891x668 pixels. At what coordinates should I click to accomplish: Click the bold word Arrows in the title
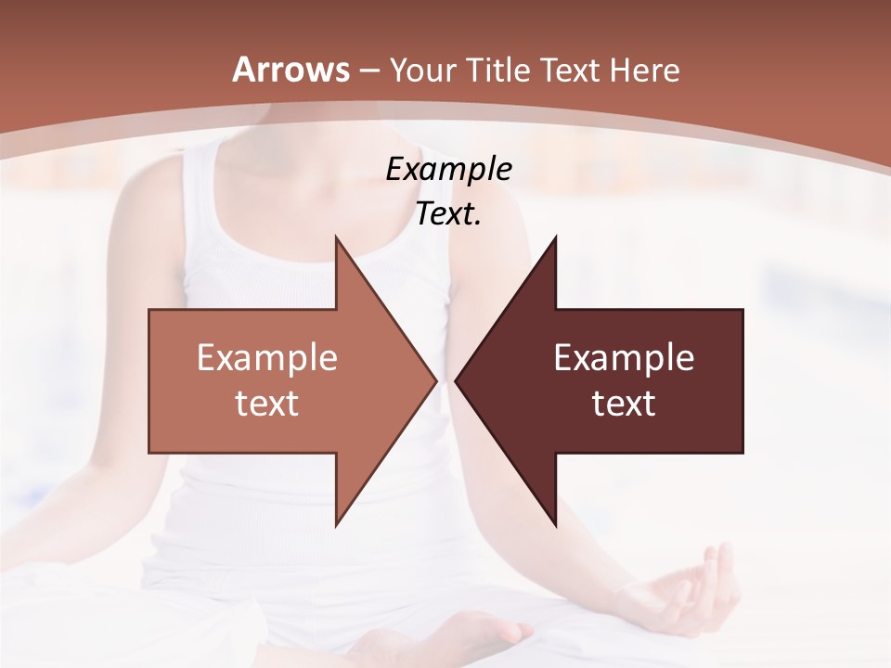point(291,70)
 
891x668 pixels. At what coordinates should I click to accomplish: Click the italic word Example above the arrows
point(448,170)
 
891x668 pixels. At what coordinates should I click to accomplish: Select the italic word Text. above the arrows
point(448,214)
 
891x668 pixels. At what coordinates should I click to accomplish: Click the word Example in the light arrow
point(267,357)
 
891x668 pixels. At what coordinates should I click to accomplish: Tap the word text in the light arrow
point(267,404)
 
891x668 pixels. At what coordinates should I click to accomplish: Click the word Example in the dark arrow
point(624,357)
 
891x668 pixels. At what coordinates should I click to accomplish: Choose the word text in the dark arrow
point(624,404)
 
